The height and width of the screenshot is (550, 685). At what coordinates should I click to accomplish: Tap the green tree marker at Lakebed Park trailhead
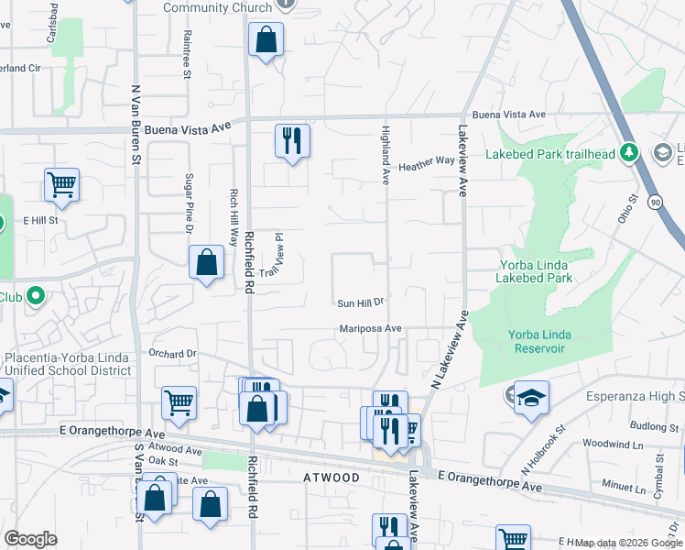pyautogui.click(x=629, y=152)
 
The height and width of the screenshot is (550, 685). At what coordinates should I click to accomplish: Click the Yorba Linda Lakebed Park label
pyautogui.click(x=536, y=271)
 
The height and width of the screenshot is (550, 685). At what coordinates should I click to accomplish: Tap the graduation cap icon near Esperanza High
pyautogui.click(x=531, y=397)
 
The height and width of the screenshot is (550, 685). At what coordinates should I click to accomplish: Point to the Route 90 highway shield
pyautogui.click(x=655, y=201)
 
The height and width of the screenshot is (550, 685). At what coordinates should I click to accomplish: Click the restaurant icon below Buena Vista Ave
pyautogui.click(x=292, y=141)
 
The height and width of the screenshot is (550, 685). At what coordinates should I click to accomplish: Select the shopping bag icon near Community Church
pyautogui.click(x=266, y=39)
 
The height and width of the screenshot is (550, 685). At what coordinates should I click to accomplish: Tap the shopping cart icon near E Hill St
pyautogui.click(x=61, y=184)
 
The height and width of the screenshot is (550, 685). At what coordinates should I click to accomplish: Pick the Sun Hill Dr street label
pyautogui.click(x=359, y=302)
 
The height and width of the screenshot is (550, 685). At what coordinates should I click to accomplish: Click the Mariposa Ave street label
pyautogui.click(x=371, y=328)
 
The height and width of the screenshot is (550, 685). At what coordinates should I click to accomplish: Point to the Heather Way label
pyautogui.click(x=426, y=161)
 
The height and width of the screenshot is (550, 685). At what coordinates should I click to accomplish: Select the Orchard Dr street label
pyautogui.click(x=172, y=353)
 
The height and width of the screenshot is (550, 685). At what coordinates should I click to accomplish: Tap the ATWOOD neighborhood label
pyautogui.click(x=332, y=478)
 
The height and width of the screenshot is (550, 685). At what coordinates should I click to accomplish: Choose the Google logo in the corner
pyautogui.click(x=30, y=539)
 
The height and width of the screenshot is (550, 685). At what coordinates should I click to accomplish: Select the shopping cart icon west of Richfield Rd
pyautogui.click(x=179, y=401)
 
